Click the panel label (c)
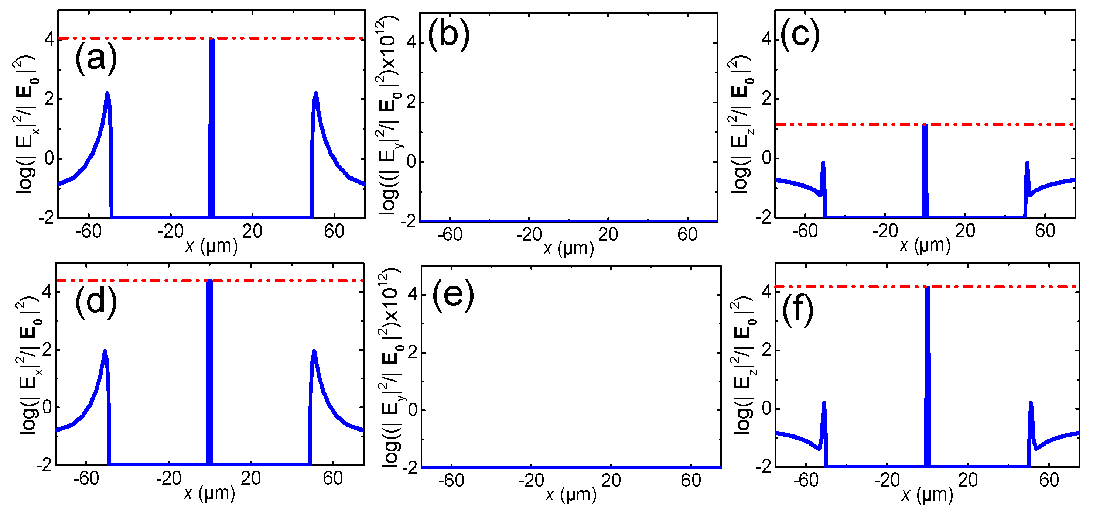(x=800, y=35)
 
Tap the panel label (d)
(x=96, y=302)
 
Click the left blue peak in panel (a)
(x=107, y=94)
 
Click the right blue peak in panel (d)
(x=314, y=352)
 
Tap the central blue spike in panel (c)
(x=925, y=169)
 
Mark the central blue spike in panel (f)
(x=927, y=373)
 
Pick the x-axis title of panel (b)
(x=568, y=248)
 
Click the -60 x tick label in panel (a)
(x=89, y=231)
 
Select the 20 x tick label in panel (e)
(x=611, y=480)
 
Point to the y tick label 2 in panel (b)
(x=410, y=103)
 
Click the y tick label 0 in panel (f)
(x=767, y=409)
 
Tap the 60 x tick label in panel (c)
(x=1045, y=231)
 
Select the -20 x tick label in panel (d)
(x=168, y=479)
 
